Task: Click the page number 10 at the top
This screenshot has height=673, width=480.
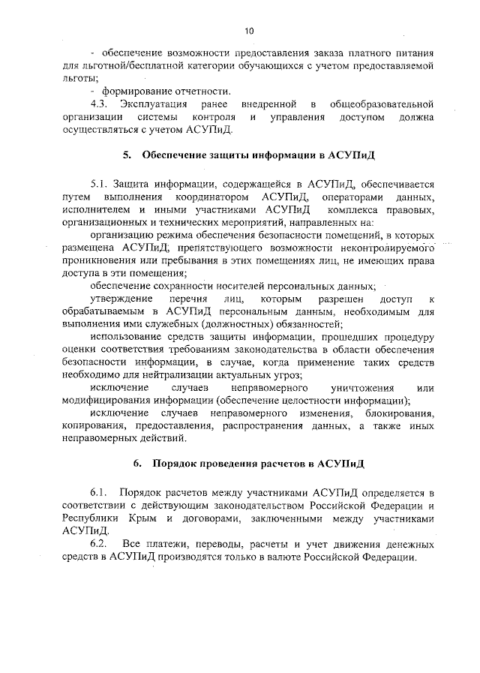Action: pyautogui.click(x=249, y=30)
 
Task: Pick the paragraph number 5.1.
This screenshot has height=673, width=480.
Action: pyautogui.click(x=100, y=182)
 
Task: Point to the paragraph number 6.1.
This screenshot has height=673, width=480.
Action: pyautogui.click(x=100, y=492)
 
